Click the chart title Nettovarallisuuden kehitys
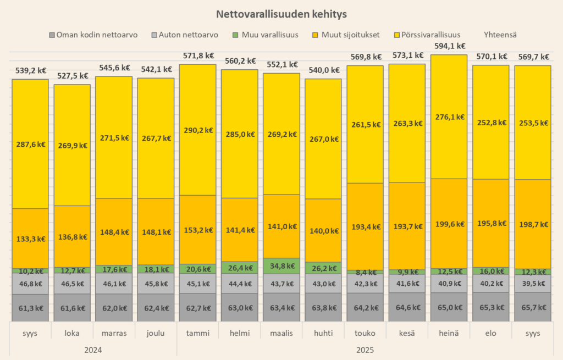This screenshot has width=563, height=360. [281, 14]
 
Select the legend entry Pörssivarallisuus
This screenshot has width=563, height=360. [432, 35]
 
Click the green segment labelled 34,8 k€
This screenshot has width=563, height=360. [281, 266]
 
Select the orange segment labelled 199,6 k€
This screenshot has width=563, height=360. [449, 224]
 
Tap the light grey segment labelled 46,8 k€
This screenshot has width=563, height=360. [31, 284]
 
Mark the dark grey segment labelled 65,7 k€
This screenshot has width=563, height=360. [532, 307]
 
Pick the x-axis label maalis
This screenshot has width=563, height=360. [281, 333]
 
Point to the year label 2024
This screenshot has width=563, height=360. [93, 350]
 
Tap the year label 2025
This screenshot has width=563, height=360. [365, 350]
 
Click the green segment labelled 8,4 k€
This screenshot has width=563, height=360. [365, 272]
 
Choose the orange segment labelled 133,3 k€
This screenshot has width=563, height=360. [31, 239]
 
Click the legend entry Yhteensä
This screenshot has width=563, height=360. [500, 35]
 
